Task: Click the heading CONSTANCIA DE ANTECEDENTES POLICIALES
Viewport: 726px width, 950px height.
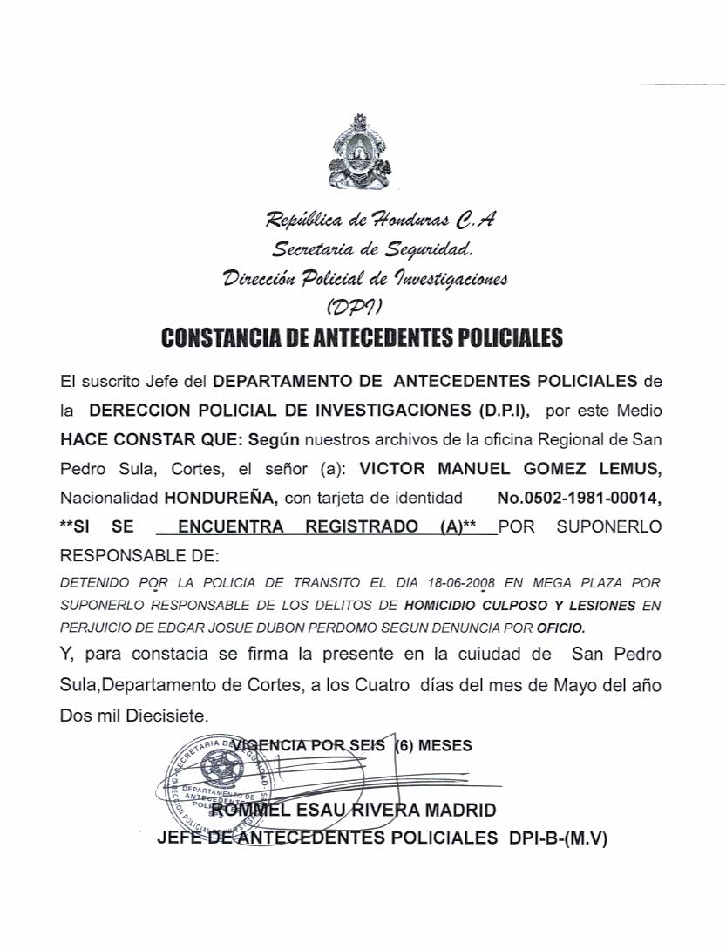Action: point(362,337)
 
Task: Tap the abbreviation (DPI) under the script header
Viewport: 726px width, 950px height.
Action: point(353,306)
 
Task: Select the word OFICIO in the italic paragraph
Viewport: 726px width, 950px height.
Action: point(562,627)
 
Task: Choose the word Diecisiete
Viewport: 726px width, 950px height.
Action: point(164,715)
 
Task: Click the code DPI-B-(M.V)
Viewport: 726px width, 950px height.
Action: point(554,838)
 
